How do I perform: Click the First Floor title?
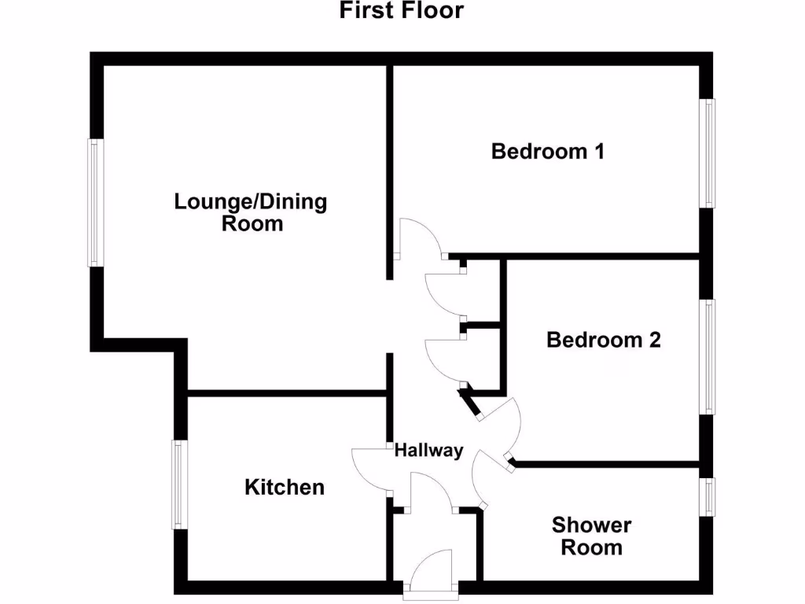click(x=402, y=11)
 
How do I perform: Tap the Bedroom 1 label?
click(x=547, y=151)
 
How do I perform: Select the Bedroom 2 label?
click(x=603, y=340)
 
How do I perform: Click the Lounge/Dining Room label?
click(x=251, y=212)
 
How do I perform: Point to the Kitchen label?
click(x=285, y=487)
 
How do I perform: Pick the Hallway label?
click(x=428, y=451)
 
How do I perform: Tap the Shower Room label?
click(x=591, y=536)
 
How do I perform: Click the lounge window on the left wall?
click(x=95, y=203)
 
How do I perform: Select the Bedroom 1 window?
click(x=708, y=153)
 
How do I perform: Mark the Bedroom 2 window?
click(x=709, y=356)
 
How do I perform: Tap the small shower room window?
click(x=708, y=497)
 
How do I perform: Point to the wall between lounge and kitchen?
click(x=287, y=392)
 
